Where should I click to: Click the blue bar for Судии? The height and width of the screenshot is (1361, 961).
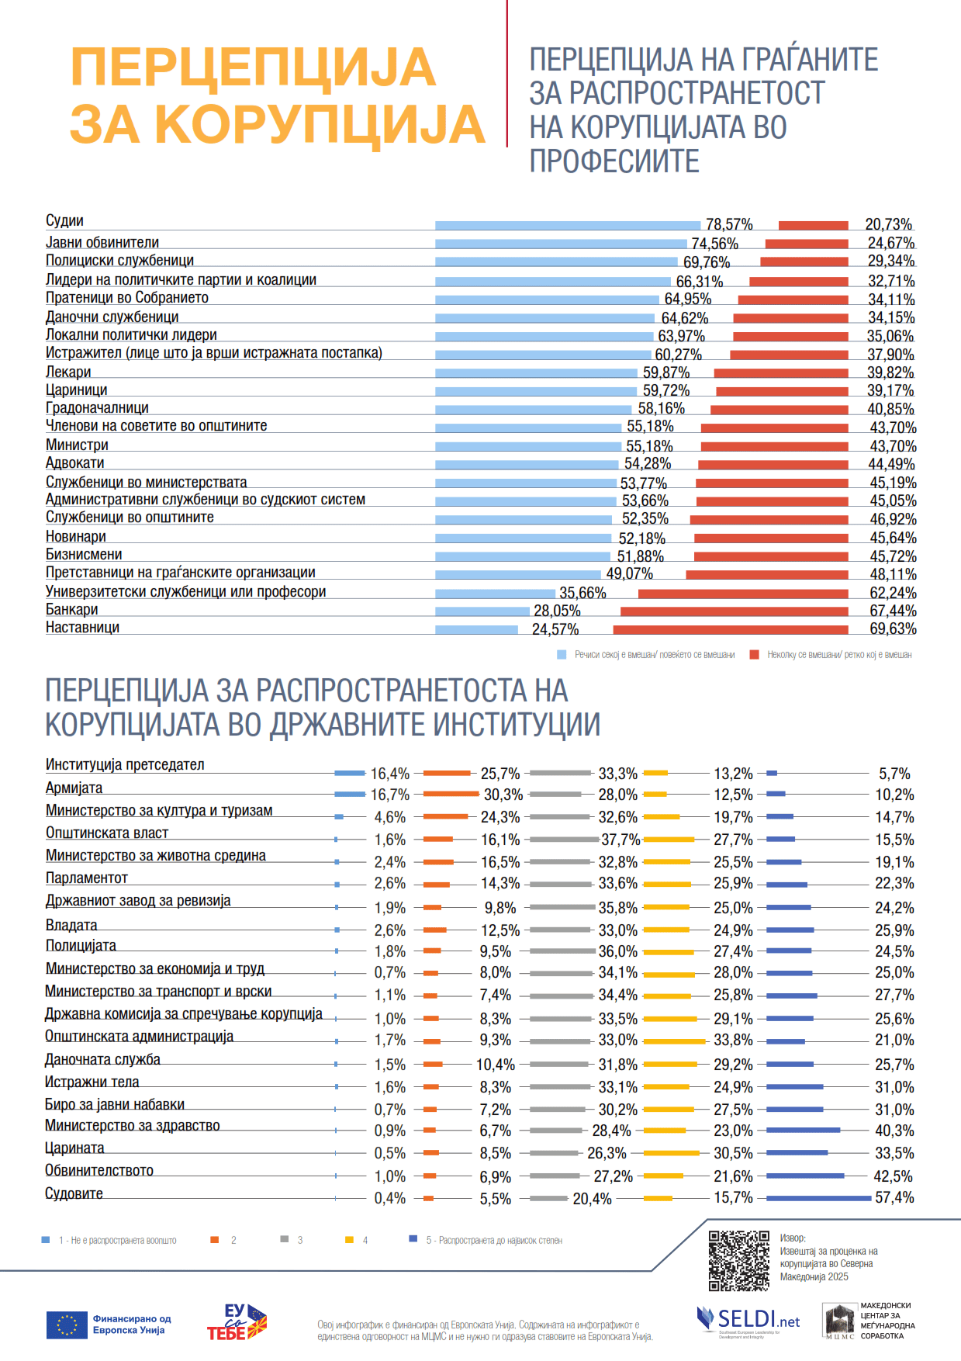[x=567, y=225]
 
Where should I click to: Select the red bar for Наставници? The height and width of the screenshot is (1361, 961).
[x=730, y=629]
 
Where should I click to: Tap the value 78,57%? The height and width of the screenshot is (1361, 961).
[x=729, y=224]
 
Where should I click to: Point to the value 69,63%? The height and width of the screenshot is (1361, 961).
[x=893, y=629]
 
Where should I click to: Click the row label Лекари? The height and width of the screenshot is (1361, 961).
[x=68, y=372]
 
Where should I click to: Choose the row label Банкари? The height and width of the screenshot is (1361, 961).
[x=71, y=610]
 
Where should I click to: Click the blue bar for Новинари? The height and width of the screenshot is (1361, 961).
[x=523, y=538]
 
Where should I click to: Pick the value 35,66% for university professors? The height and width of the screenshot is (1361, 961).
[x=582, y=593]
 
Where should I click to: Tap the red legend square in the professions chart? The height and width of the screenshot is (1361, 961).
[x=754, y=655]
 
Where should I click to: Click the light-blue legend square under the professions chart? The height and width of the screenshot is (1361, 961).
[x=562, y=655]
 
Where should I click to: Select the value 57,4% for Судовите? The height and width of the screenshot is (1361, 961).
[x=894, y=1198]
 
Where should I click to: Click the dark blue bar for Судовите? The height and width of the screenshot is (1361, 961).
[x=818, y=1198]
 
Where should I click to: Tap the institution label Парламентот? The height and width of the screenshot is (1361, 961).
[x=86, y=878]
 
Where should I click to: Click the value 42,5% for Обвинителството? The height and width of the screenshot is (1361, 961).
[x=893, y=1176]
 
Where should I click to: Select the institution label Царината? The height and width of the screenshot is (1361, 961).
[x=74, y=1148]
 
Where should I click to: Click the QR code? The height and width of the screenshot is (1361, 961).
[x=738, y=1261]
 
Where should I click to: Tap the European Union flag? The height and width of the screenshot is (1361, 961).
[x=67, y=1325]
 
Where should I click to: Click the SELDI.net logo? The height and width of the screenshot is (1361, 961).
[x=748, y=1319]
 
